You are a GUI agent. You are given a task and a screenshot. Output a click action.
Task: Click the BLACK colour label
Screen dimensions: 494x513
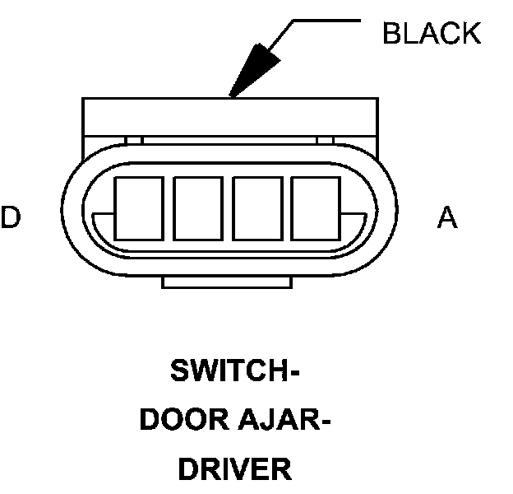click(x=432, y=34)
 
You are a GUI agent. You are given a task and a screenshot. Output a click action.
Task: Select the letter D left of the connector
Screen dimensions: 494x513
click(x=10, y=218)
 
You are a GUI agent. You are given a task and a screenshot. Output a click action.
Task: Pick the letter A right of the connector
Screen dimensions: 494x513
click(x=447, y=218)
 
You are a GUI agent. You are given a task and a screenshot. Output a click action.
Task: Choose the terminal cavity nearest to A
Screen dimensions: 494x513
click(x=316, y=207)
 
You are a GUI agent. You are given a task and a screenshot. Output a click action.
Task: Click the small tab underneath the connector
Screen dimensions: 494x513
click(x=227, y=282)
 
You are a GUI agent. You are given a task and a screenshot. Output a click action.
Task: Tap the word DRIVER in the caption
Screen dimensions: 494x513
click(x=235, y=470)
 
